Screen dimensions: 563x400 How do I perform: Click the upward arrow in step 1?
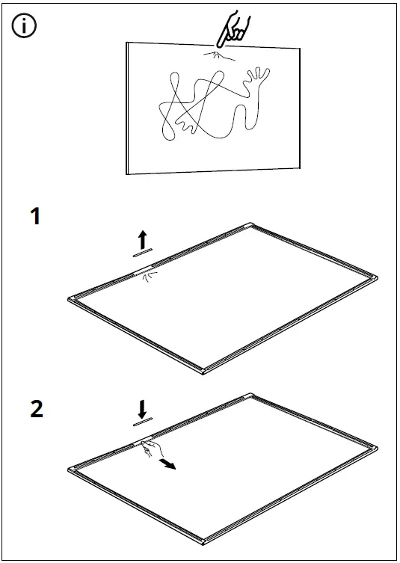click(x=142, y=239)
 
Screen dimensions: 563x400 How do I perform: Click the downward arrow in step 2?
click(x=142, y=409)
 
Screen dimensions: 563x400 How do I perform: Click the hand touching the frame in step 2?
click(x=151, y=448)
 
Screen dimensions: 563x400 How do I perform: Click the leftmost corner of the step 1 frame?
click(x=71, y=299)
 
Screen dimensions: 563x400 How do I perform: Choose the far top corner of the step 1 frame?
click(x=249, y=226)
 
